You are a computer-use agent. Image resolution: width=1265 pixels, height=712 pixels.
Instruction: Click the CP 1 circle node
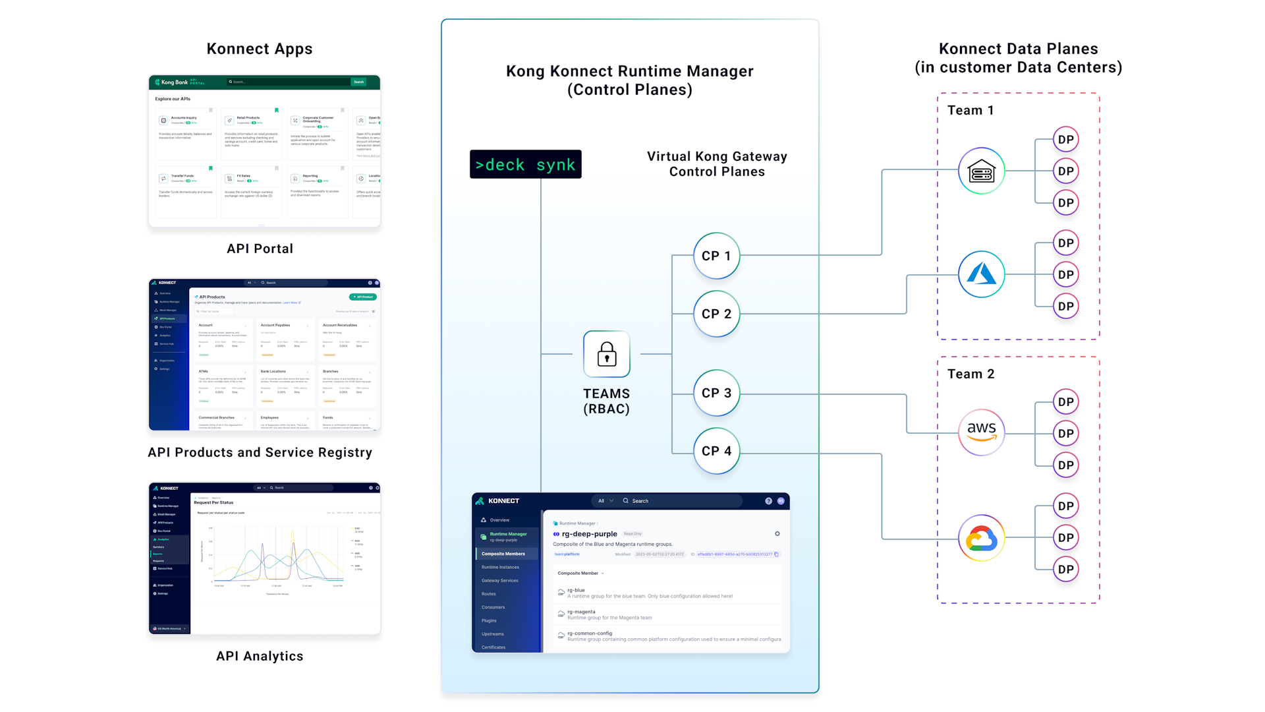716,256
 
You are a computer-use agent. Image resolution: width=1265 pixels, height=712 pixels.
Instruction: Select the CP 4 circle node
716,451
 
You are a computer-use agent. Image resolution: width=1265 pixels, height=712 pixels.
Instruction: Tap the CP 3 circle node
716,393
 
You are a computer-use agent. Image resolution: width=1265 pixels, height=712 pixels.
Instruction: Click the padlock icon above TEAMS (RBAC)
606,354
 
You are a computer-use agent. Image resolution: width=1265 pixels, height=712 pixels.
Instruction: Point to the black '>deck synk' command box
525,164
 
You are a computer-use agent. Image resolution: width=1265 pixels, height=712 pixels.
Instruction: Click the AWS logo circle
981,432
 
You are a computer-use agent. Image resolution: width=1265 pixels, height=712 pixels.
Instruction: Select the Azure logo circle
981,274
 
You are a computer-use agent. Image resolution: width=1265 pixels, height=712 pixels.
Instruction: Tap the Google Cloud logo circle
981,538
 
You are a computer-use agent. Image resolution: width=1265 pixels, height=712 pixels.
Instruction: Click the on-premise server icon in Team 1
981,171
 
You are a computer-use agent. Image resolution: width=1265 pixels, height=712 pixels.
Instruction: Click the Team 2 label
970,374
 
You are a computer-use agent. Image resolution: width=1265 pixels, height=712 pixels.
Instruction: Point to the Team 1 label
970,110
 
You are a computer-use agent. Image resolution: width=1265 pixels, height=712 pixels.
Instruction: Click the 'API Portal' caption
260,249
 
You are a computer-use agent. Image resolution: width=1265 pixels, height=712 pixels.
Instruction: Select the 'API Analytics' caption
260,656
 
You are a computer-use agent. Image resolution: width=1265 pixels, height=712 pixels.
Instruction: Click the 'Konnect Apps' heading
260,49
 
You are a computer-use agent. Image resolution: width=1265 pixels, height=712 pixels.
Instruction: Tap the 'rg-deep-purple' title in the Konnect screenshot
589,534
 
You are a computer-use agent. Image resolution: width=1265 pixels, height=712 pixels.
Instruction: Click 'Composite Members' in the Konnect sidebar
503,554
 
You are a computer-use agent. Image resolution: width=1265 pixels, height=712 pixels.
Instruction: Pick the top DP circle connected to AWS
1065,402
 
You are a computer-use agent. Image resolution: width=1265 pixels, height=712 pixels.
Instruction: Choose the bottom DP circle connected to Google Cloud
1065,569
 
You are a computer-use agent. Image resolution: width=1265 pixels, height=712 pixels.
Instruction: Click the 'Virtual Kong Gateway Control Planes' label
717,164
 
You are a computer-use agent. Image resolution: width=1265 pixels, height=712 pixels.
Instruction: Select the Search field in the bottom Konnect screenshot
679,501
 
